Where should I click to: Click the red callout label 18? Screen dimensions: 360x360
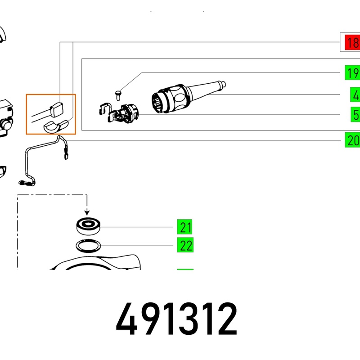(351, 43)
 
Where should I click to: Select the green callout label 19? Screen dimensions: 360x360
(352, 72)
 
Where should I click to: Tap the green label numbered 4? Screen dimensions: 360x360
(355, 95)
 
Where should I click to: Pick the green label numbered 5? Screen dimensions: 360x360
(355, 115)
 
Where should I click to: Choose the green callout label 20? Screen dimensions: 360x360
(352, 140)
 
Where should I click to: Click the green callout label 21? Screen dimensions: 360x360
(185, 228)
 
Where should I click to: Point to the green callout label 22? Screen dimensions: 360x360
(185, 246)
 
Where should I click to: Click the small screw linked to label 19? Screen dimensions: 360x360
(118, 94)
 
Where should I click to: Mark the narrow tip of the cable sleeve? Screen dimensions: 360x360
(221, 84)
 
